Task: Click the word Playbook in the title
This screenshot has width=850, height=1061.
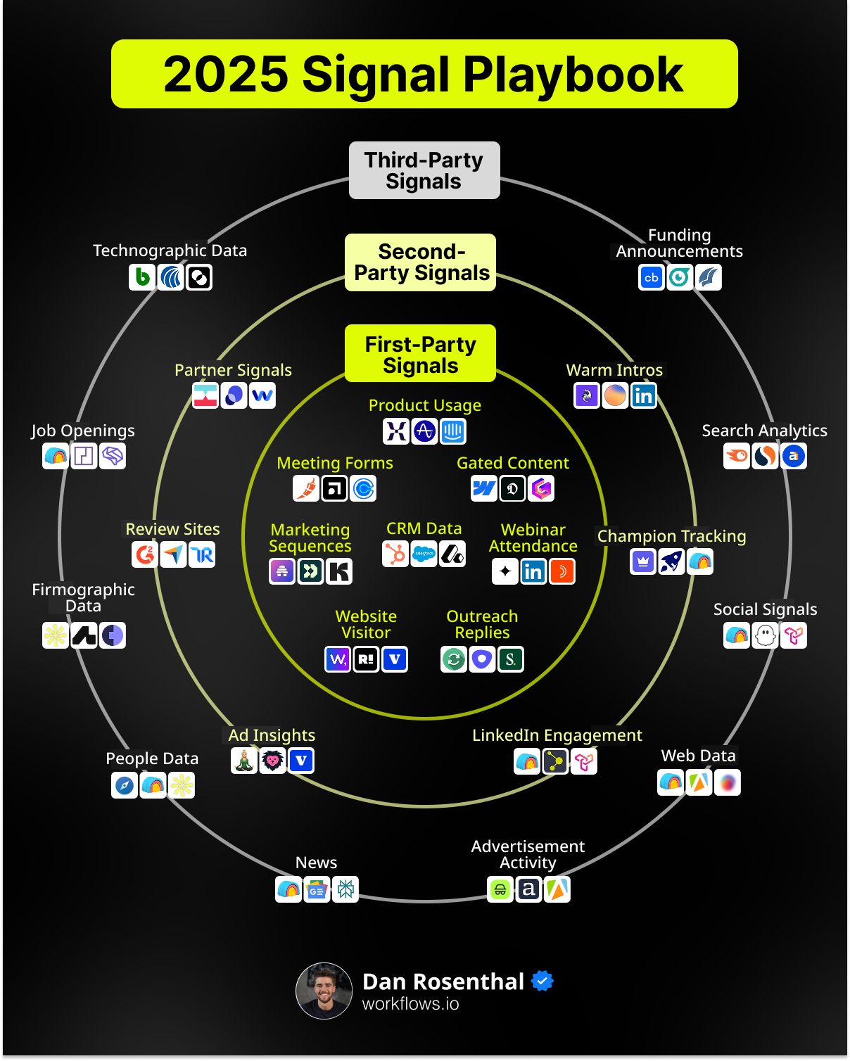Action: (x=573, y=75)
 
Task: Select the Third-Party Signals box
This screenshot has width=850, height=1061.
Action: (x=424, y=170)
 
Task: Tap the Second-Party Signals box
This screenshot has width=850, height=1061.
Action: (x=421, y=262)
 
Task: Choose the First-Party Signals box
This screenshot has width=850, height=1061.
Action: (x=420, y=354)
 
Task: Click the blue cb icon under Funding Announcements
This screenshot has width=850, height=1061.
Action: (x=652, y=277)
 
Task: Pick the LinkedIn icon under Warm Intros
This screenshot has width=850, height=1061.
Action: (x=643, y=395)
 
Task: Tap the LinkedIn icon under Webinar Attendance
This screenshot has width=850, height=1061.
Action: (x=533, y=571)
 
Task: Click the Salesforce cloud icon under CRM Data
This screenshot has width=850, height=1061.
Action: (x=424, y=554)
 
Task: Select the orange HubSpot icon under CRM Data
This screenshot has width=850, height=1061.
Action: (x=396, y=554)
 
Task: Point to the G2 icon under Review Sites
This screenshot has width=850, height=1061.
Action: (x=145, y=554)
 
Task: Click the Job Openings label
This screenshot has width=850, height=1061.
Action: (x=83, y=431)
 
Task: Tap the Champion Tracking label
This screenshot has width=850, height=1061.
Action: (x=671, y=536)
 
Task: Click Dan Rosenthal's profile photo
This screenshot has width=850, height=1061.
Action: (x=324, y=991)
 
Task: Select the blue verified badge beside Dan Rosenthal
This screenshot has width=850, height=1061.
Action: (x=543, y=981)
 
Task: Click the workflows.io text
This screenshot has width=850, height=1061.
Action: (x=410, y=1004)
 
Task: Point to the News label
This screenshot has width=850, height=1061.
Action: (x=316, y=863)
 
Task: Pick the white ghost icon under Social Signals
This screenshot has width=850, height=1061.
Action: (x=765, y=636)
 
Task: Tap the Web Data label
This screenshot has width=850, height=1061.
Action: (x=698, y=756)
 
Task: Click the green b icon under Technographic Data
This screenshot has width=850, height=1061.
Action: (x=142, y=277)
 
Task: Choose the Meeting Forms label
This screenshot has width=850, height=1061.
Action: (x=335, y=463)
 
